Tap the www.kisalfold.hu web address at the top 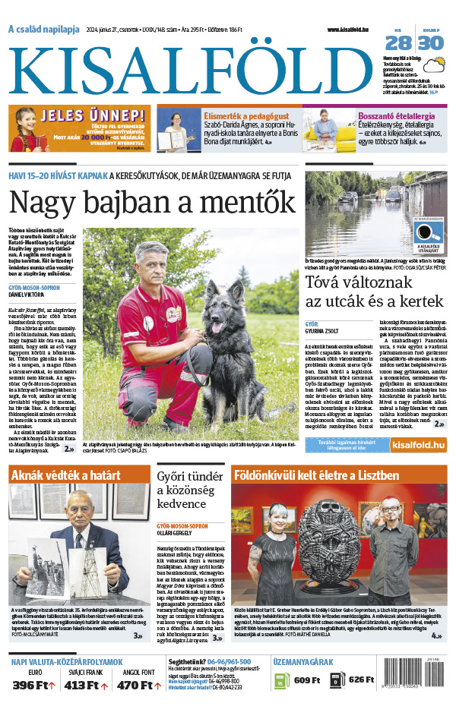tap(353, 30)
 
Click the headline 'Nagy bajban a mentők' tap(152, 203)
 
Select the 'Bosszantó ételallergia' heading tap(396, 115)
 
